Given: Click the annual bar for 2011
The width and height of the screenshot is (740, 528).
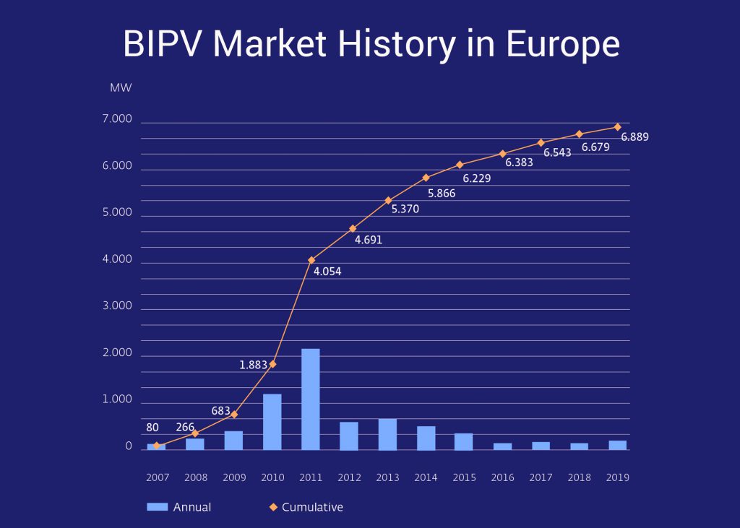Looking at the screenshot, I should pyautogui.click(x=310, y=399).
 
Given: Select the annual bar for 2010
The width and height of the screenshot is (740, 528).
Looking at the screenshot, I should pyautogui.click(x=272, y=422).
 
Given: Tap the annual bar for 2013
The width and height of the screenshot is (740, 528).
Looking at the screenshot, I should pyautogui.click(x=387, y=434).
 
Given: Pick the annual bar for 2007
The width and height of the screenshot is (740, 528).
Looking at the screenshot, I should pyautogui.click(x=156, y=446).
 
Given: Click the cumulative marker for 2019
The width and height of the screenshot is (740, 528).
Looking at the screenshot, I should pyautogui.click(x=617, y=127).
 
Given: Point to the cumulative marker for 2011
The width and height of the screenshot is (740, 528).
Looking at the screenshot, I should pyautogui.click(x=311, y=260).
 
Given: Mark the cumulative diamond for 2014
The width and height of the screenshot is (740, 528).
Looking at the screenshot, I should pyautogui.click(x=426, y=178).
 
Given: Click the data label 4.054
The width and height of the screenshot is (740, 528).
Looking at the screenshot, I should pyautogui.click(x=327, y=272).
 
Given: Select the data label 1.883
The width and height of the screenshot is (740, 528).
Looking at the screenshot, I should pyautogui.click(x=254, y=365).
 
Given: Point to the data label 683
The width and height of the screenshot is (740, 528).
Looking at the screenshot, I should pyautogui.click(x=221, y=411).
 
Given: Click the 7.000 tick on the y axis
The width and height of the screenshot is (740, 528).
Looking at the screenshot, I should pyautogui.click(x=117, y=119).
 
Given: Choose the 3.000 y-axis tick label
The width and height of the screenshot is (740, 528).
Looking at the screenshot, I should pyautogui.click(x=117, y=306).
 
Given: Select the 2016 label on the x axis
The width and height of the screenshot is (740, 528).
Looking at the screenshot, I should pyautogui.click(x=503, y=477).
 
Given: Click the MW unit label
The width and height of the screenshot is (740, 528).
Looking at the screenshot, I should pyautogui.click(x=121, y=88).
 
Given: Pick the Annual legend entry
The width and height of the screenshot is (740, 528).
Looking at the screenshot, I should pyautogui.click(x=179, y=507).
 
